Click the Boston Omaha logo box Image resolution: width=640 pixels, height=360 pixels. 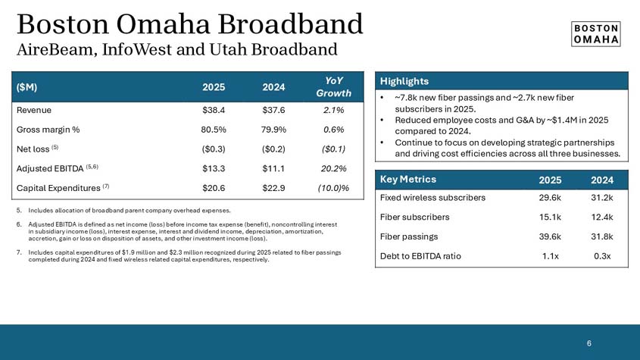click(595, 32)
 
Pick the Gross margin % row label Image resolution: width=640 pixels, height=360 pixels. click(48, 129)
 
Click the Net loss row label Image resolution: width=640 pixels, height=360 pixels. click(35, 149)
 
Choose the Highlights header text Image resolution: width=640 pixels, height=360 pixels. click(404, 81)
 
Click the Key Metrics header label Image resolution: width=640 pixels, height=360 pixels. click(408, 180)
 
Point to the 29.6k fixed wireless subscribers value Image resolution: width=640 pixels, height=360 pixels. click(551, 198)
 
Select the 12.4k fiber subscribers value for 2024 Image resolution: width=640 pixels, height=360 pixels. click(603, 217)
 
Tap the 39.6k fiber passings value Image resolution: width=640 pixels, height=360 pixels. click(551, 236)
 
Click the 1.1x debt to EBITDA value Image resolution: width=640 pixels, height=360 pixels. click(551, 256)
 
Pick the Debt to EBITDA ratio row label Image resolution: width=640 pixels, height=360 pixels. click(420, 256)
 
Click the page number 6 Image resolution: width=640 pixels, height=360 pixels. click(589, 343)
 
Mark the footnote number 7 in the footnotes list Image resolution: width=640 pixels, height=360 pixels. click(18, 252)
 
